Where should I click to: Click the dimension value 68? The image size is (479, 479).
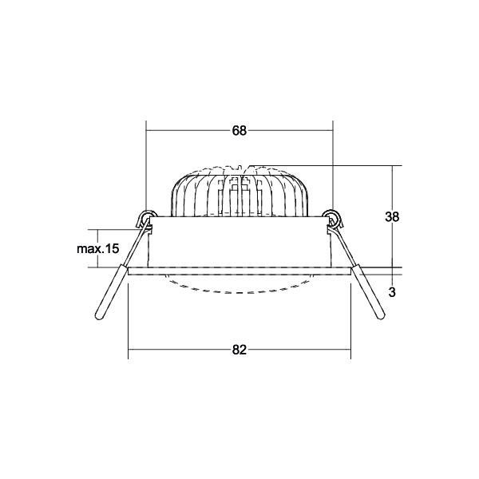click(x=239, y=131)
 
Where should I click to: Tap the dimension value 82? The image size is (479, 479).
click(x=239, y=349)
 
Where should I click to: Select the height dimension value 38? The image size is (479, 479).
click(x=391, y=216)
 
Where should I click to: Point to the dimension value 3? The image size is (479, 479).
click(x=391, y=292)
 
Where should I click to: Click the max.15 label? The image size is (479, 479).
click(x=97, y=249)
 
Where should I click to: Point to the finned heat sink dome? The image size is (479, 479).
click(x=239, y=192)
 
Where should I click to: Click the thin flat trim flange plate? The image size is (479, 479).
click(x=239, y=271)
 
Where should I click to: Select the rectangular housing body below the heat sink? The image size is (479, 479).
click(x=239, y=243)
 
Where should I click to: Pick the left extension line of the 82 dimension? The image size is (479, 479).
click(x=129, y=319)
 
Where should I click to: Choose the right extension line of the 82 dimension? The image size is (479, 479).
click(x=350, y=319)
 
